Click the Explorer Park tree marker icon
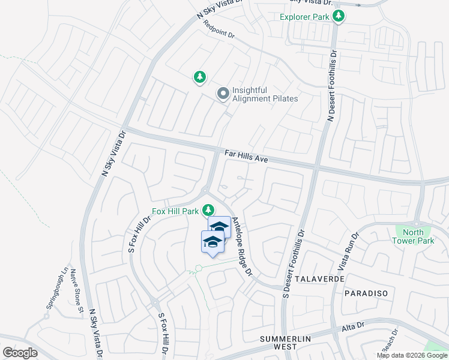pyautogui.click(x=339, y=16)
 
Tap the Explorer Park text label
pyautogui.click(x=305, y=17)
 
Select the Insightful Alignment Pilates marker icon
pyautogui.click(x=223, y=94)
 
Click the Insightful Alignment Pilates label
pyautogui.click(x=265, y=94)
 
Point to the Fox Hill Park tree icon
pyautogui.click(x=208, y=211)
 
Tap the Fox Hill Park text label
pyautogui.click(x=175, y=211)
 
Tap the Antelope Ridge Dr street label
pyautogui.click(x=243, y=247)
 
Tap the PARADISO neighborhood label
pyautogui.click(x=366, y=293)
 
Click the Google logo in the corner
pyautogui.click(x=20, y=353)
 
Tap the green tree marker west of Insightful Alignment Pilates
pyautogui.click(x=200, y=77)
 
